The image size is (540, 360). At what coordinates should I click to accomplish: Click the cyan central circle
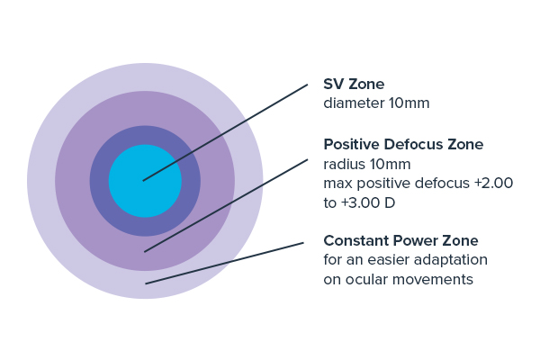(145, 181)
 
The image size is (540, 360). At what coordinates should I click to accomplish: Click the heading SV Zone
(354, 84)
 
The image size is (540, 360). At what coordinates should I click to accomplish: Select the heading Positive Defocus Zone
(403, 144)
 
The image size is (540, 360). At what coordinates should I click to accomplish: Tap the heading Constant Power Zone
(400, 240)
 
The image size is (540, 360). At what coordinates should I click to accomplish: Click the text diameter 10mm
(376, 103)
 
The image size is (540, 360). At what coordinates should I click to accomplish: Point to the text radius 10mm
(367, 165)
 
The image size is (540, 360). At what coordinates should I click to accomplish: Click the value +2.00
(493, 183)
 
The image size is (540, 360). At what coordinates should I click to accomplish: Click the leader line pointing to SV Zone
(225, 132)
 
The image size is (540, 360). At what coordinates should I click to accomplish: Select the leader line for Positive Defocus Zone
(226, 205)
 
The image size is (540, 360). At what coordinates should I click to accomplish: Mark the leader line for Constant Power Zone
(224, 263)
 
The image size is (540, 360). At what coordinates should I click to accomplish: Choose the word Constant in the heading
(356, 240)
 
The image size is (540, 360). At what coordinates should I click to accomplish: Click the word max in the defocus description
(337, 184)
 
